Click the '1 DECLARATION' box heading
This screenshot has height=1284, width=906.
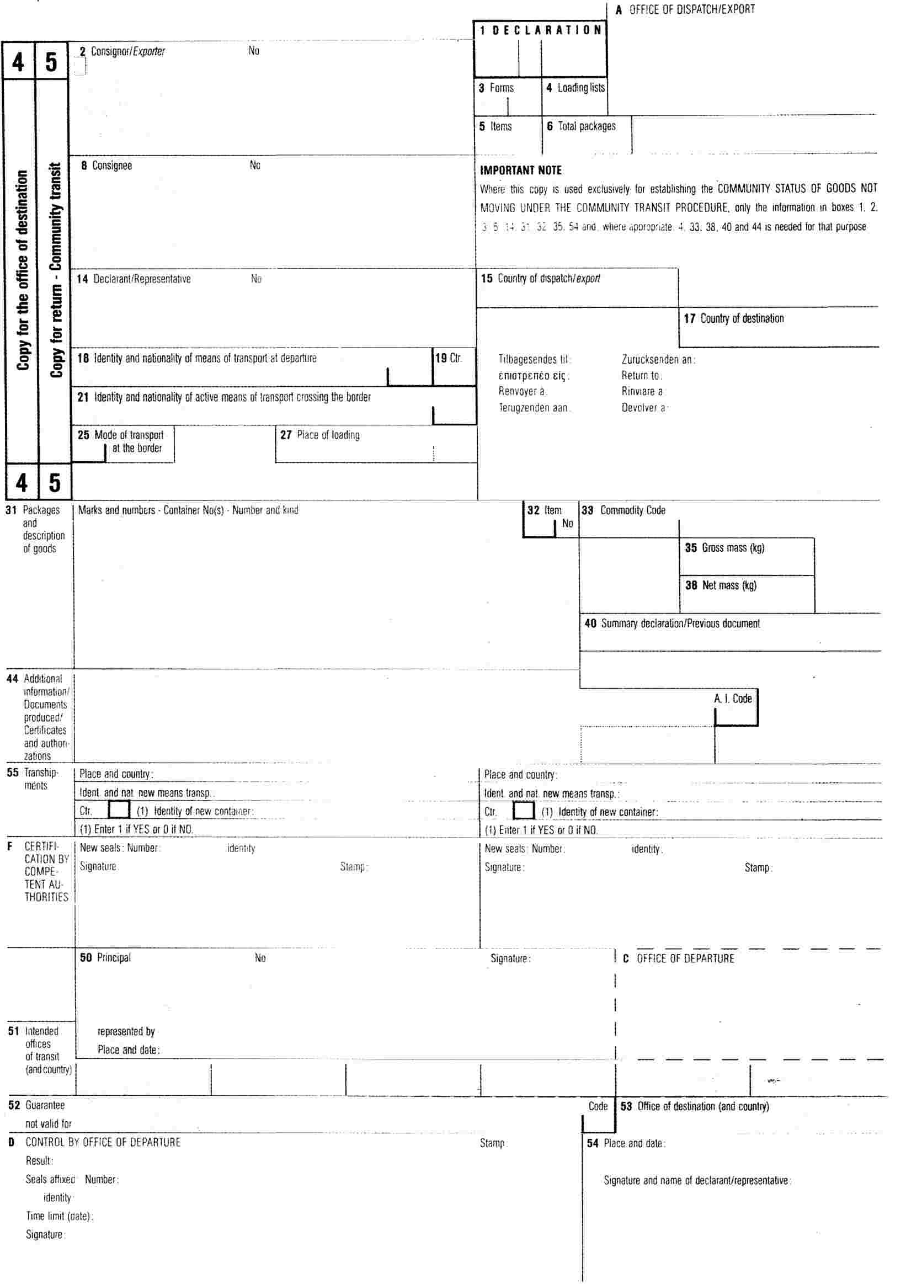pos(540,30)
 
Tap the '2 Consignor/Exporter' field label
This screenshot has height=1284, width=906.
pos(122,51)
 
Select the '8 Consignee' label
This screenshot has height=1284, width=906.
pos(106,166)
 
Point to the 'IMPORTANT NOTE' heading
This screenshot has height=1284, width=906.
pos(521,171)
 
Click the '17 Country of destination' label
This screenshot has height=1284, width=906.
pos(734,319)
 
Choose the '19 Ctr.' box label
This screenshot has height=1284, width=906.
pos(449,358)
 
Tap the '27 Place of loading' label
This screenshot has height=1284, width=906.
pos(320,435)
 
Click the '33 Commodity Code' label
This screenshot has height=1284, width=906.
pos(623,510)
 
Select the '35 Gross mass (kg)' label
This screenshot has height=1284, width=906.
pos(725,548)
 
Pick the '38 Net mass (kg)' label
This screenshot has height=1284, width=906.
pos(721,585)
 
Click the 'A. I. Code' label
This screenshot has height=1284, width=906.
pos(733,699)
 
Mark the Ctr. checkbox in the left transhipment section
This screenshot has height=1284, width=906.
pos(119,810)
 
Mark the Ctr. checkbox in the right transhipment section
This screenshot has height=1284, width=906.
pos(524,811)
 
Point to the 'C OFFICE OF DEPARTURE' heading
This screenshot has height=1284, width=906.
pos(678,958)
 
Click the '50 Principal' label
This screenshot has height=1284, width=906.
pos(105,957)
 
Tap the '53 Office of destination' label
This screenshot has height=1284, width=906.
pos(695,1106)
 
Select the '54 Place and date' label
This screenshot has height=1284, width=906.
pos(626,1144)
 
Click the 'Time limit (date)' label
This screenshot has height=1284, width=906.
pos(59,1216)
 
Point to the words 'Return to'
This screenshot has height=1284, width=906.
pos(642,376)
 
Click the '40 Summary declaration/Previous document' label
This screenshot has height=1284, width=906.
pos(672,624)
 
